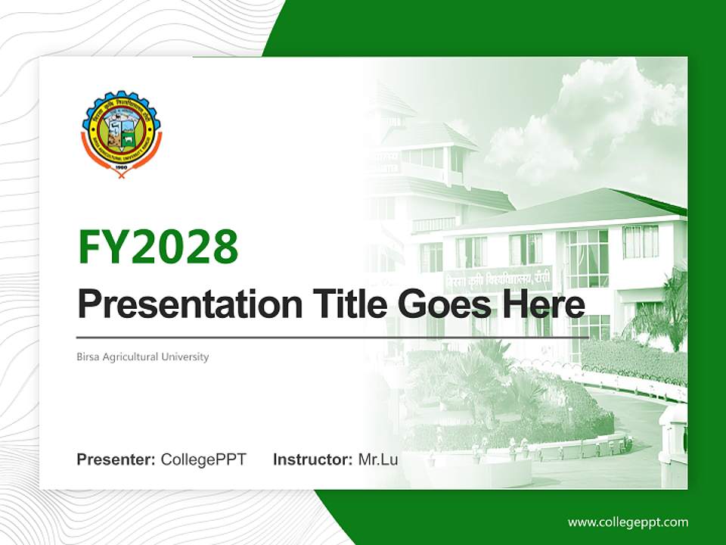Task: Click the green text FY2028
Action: click(x=158, y=247)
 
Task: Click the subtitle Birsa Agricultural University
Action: click(x=143, y=357)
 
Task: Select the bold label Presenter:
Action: click(x=116, y=459)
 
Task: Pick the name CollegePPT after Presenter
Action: click(x=203, y=459)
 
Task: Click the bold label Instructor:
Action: click(x=312, y=459)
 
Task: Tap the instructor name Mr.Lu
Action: click(x=378, y=459)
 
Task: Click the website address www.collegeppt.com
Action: click(x=628, y=522)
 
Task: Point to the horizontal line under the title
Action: click(x=333, y=338)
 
